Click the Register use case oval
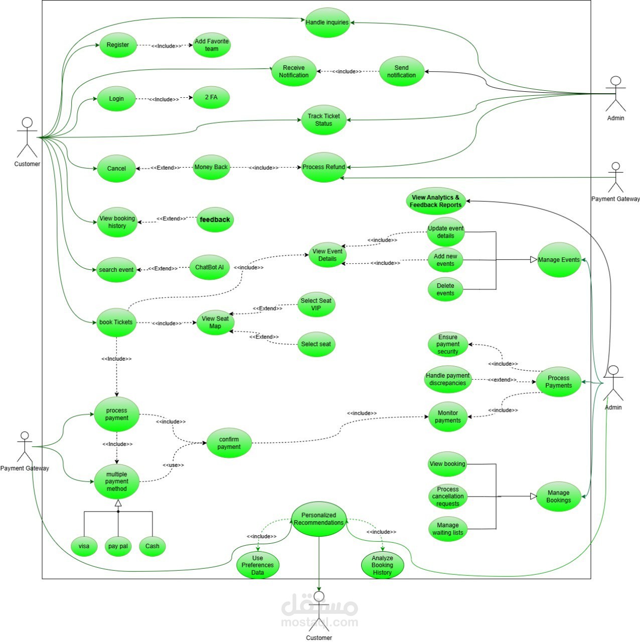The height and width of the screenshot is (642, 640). [118, 45]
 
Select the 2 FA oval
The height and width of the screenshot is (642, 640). [211, 97]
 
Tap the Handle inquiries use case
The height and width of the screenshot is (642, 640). [327, 23]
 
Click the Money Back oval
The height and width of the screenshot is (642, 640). [211, 167]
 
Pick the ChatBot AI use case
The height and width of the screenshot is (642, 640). [209, 267]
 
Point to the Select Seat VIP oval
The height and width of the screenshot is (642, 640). [316, 304]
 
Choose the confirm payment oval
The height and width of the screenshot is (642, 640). [229, 443]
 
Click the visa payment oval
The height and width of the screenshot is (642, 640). [84, 546]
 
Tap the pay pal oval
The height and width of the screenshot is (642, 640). [118, 546]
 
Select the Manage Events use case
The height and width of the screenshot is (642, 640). [559, 260]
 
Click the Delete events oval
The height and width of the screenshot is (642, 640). [445, 289]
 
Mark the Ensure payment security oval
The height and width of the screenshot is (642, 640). [448, 345]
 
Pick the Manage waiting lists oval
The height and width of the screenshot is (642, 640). [448, 529]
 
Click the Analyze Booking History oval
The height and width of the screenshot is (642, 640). [382, 565]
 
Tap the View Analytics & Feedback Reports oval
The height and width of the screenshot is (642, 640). [435, 201]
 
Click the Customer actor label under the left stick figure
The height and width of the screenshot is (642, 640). [27, 164]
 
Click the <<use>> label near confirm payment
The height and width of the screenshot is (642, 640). [173, 465]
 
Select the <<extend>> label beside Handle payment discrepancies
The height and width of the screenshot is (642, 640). [502, 380]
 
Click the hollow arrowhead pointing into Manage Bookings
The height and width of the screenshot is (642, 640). [534, 497]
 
